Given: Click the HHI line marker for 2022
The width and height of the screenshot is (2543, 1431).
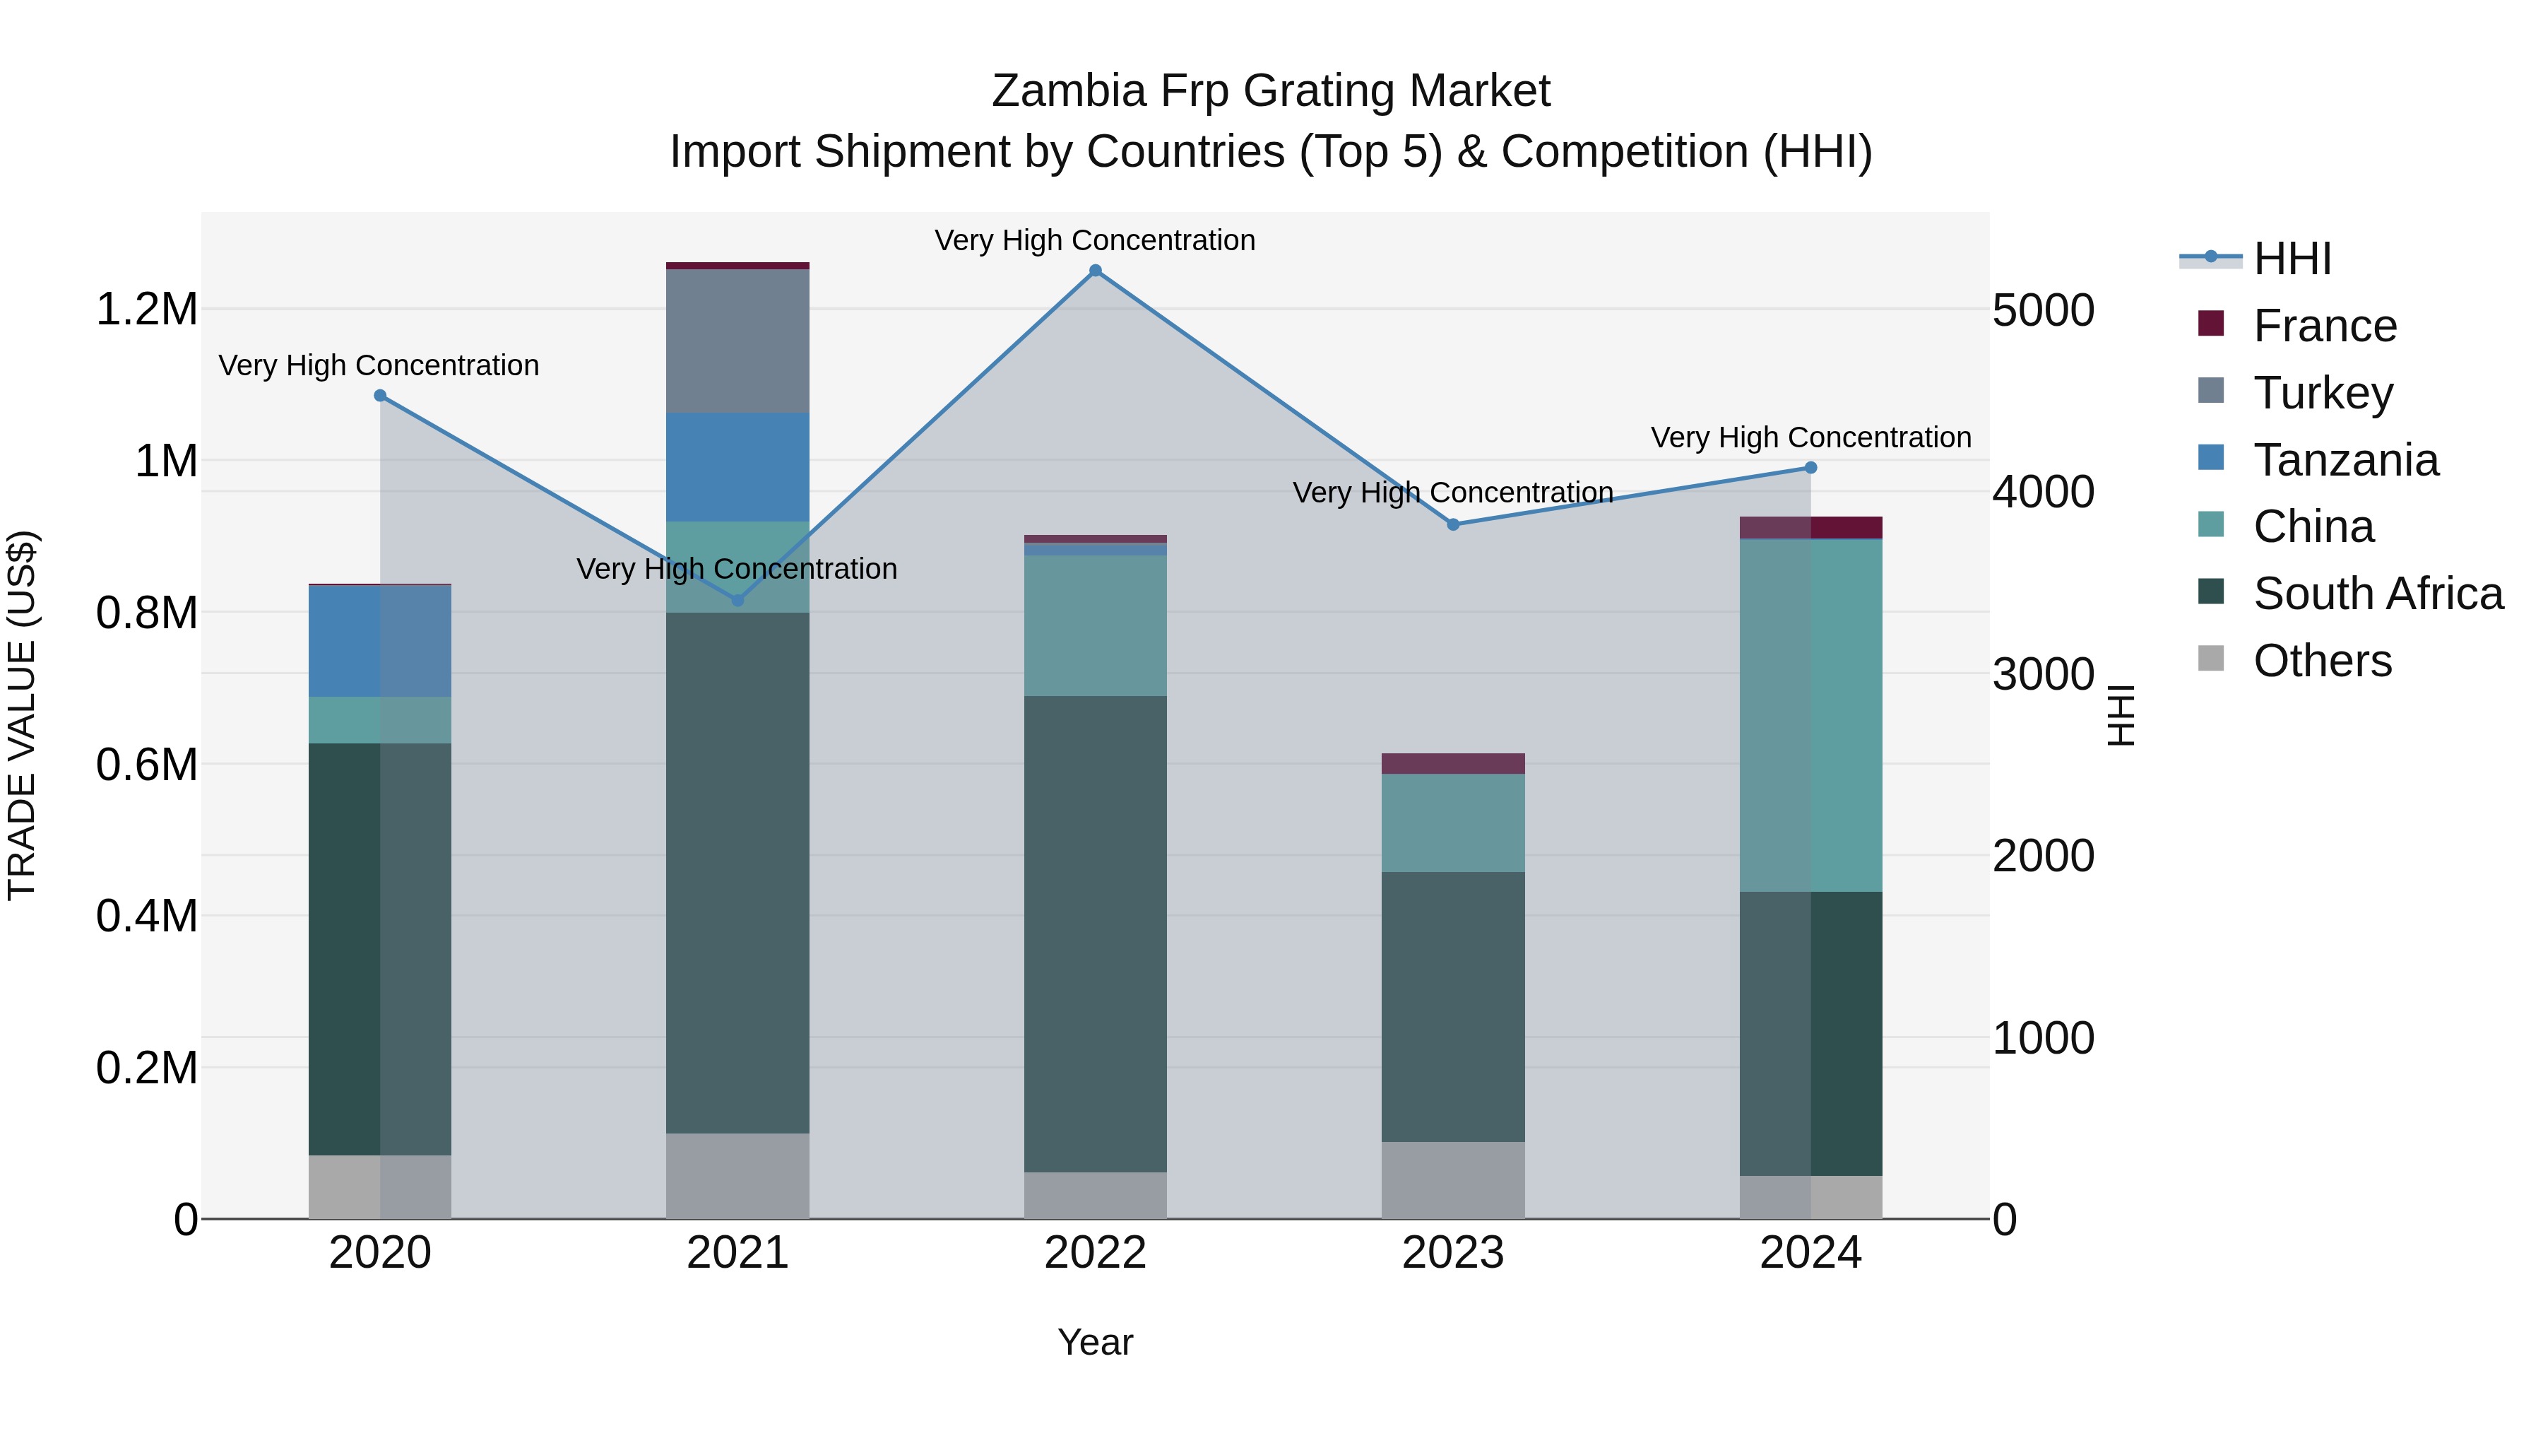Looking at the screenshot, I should point(1095,271).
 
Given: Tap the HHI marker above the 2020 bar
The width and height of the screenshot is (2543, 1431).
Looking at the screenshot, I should point(380,396).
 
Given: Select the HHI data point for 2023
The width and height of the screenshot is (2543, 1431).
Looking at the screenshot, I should point(1453,524).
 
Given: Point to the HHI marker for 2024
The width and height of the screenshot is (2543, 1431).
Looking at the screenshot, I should point(1810,468).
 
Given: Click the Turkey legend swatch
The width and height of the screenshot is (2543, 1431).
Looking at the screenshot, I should point(2211,391).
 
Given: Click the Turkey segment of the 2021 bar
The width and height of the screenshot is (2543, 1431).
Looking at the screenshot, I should point(737,341).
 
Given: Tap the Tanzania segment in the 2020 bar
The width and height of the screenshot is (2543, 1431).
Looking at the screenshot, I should point(380,641).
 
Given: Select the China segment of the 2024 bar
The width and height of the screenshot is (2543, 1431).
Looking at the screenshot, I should point(1810,715).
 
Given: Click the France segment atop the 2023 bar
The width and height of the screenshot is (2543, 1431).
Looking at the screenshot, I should point(1453,763).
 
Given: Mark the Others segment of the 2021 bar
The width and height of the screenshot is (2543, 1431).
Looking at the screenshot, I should point(737,1175).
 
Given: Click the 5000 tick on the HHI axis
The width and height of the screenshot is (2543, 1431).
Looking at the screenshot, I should point(2042,310).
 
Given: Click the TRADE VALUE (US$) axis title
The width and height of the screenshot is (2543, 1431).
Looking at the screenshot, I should point(23,715).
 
